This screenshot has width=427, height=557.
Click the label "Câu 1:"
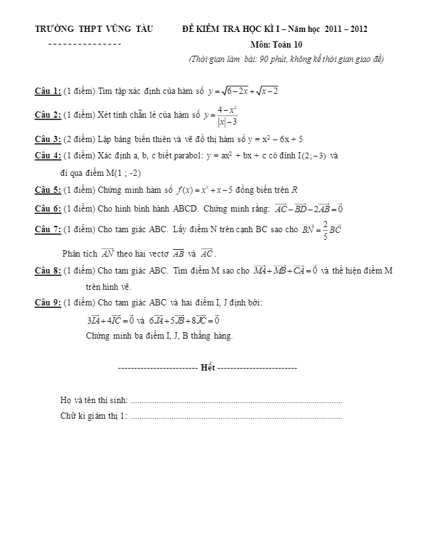pyautogui.click(x=48, y=91)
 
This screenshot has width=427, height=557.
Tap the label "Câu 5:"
pyautogui.click(x=48, y=190)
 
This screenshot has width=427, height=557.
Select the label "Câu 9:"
pyautogui.click(x=48, y=303)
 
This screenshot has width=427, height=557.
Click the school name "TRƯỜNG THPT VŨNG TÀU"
pyautogui.click(x=95, y=29)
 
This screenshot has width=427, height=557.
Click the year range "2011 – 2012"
pyautogui.click(x=342, y=29)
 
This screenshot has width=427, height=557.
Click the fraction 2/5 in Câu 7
pyautogui.click(x=325, y=230)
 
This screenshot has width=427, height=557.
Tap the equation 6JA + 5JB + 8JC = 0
pyautogui.click(x=184, y=320)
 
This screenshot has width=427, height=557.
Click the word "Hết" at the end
pyautogui.click(x=208, y=367)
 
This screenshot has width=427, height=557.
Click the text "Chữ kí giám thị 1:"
pyautogui.click(x=94, y=416)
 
